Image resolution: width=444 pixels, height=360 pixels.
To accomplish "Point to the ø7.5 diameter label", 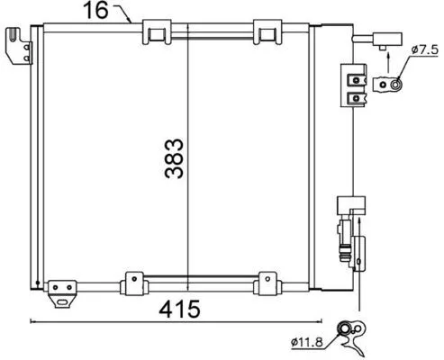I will click(423, 50).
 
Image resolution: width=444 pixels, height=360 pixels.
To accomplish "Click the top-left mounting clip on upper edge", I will click(157, 33).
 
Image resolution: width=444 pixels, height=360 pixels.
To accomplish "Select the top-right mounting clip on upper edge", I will click(267, 33).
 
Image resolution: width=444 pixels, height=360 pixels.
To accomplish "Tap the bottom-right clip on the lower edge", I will click(267, 282).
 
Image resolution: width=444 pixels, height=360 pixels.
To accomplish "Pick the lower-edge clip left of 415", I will click(134, 282).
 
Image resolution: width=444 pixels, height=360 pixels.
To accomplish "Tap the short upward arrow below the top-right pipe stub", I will click(386, 62).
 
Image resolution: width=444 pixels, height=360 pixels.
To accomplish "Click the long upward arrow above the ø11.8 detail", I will click(359, 270).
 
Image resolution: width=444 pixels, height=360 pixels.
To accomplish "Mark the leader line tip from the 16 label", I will click(132, 22).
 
